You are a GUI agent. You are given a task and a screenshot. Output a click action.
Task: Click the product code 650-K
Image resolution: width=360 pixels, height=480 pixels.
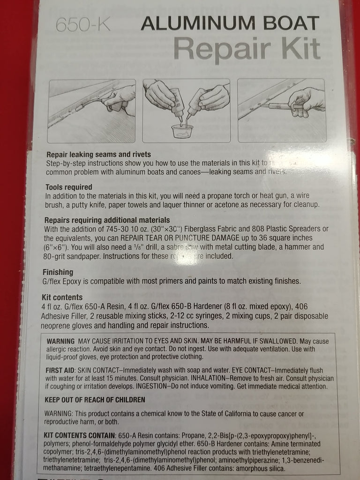(83, 24)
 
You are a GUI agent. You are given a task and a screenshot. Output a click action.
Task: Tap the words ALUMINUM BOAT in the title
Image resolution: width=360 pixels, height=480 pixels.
(230, 23)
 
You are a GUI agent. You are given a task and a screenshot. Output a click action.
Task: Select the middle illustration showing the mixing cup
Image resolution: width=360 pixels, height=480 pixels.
(186, 111)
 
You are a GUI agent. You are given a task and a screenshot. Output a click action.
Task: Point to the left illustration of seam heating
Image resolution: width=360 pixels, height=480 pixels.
(91, 111)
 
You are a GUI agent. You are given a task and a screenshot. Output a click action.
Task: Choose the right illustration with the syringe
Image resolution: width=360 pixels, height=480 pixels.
(281, 111)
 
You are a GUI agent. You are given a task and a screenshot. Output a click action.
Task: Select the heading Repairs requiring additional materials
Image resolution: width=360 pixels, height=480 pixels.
(107, 220)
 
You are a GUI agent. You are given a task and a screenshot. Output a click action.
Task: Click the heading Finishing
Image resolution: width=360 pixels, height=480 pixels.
(58, 272)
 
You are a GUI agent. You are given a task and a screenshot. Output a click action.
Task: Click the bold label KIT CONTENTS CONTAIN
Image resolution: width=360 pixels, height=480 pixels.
(80, 435)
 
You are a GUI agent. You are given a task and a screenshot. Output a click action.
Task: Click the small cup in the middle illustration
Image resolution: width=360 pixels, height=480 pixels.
(182, 132)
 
